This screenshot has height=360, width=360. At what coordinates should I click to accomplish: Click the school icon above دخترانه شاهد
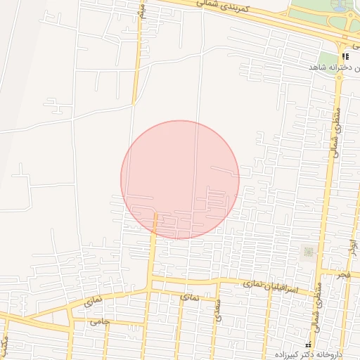[345, 56]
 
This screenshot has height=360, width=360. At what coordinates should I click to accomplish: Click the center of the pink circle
[180, 179]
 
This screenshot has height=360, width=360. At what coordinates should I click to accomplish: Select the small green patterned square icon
[308, 251]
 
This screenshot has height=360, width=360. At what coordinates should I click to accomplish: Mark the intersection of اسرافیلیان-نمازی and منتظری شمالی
[319, 290]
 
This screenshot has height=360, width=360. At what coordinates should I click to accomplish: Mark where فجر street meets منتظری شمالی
[322, 270]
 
